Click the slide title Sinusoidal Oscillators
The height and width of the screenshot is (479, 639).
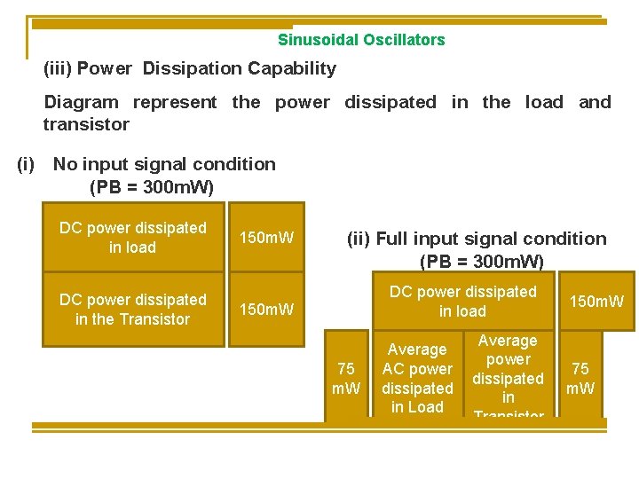click(361, 40)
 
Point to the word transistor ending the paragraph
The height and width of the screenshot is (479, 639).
click(86, 124)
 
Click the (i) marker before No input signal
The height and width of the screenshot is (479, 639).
click(27, 164)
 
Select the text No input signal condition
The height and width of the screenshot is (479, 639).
click(164, 164)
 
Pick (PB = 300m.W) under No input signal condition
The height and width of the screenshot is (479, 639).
click(152, 187)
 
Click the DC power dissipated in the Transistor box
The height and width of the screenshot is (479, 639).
click(133, 310)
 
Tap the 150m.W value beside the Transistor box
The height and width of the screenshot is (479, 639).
click(261, 310)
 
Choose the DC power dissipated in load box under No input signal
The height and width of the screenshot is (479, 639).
click(133, 238)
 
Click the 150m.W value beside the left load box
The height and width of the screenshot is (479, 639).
click(261, 238)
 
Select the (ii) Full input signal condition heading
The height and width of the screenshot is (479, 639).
click(477, 239)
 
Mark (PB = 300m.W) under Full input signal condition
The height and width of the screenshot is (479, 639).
click(481, 261)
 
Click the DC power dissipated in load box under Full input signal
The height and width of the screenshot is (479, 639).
click(462, 302)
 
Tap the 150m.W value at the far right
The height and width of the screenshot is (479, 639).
click(596, 302)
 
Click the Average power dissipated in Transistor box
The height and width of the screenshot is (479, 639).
click(508, 376)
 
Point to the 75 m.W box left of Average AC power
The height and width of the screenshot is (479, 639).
click(346, 378)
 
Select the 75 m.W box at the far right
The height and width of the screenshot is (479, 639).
click(580, 378)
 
